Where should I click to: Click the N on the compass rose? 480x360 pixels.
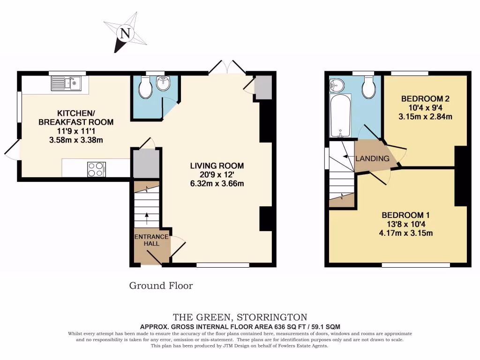[125, 33]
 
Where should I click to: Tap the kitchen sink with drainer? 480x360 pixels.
[66, 84]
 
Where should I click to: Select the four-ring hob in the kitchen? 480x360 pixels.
[96, 169]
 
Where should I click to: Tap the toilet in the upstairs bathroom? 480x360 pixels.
[368, 88]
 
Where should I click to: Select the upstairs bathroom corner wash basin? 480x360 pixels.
[336, 85]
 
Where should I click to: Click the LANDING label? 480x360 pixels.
[372, 158]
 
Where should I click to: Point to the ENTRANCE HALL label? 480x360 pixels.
[151, 240]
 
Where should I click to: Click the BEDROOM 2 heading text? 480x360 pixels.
[425, 99]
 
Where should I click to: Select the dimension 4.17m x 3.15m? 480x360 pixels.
[406, 233]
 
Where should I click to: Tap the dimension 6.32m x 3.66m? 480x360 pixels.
[217, 183]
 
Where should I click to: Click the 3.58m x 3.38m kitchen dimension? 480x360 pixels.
[75, 140]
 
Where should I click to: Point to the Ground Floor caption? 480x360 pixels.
[161, 285]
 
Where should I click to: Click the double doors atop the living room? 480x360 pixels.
[227, 68]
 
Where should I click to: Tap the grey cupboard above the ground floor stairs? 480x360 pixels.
[146, 164]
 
